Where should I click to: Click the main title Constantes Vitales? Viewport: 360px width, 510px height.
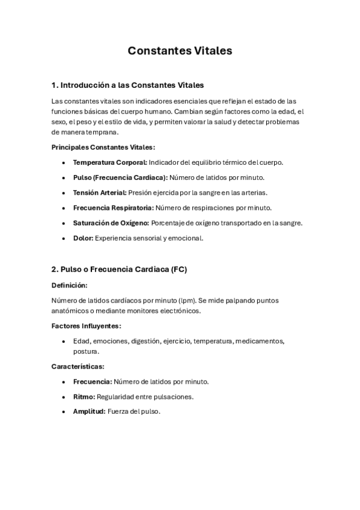point(180,51)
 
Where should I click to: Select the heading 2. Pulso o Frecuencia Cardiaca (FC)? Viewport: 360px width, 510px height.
point(119,269)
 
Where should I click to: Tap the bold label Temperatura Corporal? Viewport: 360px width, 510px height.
point(110,162)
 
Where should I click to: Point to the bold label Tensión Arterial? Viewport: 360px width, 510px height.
point(100,192)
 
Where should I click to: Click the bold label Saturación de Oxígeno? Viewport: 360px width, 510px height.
point(111,223)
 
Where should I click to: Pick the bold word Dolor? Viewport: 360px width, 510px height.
point(83,238)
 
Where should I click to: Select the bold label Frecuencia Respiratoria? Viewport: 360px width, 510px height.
point(114,207)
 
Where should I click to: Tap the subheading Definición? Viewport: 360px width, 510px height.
point(69,285)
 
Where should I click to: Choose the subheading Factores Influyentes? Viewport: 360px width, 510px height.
point(87,326)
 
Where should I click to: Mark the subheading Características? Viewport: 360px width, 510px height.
point(78,366)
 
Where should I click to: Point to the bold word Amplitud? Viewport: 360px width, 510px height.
point(89,411)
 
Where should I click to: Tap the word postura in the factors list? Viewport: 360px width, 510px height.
point(85,351)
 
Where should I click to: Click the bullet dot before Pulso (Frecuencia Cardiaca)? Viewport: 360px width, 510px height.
point(64,177)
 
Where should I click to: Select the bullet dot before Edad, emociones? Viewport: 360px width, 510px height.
point(64,341)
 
